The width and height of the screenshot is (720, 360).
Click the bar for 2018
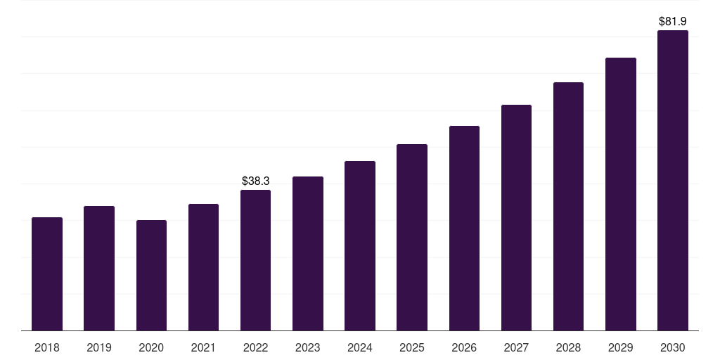(x=47, y=274)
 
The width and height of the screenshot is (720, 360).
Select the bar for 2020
(x=151, y=276)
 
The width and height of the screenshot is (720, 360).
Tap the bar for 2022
(x=255, y=260)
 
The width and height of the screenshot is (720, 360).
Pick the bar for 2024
(x=360, y=246)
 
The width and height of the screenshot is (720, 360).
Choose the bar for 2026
(x=464, y=229)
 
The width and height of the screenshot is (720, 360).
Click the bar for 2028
(x=568, y=207)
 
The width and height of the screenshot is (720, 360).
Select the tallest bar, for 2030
(x=672, y=181)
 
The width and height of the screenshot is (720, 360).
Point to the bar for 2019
(x=99, y=269)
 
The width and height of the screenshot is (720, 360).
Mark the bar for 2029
(x=620, y=194)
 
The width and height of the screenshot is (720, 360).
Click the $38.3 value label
(x=255, y=181)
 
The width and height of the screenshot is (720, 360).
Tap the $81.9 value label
(x=672, y=22)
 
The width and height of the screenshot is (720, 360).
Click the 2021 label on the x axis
(x=203, y=347)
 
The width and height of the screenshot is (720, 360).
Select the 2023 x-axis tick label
(x=307, y=347)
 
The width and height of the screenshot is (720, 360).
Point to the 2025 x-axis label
(x=412, y=347)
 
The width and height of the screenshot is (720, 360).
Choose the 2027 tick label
(x=516, y=347)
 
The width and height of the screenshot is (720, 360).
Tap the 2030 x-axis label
(x=672, y=347)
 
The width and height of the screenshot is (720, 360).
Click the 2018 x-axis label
(x=47, y=347)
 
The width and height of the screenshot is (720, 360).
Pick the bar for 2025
(x=412, y=238)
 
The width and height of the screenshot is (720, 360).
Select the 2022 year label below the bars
(x=255, y=347)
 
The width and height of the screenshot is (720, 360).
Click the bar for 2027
(x=516, y=218)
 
